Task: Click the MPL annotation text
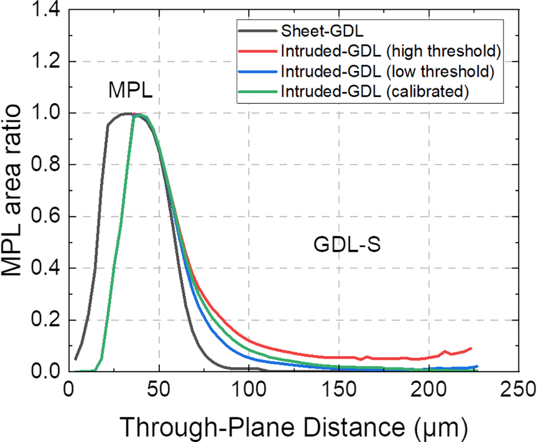[130, 90]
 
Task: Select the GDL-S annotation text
[339, 244]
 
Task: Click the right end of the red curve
[471, 349]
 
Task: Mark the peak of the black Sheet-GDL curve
[127, 113]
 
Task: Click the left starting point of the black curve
[76, 359]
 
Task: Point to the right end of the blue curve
[477, 366]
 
